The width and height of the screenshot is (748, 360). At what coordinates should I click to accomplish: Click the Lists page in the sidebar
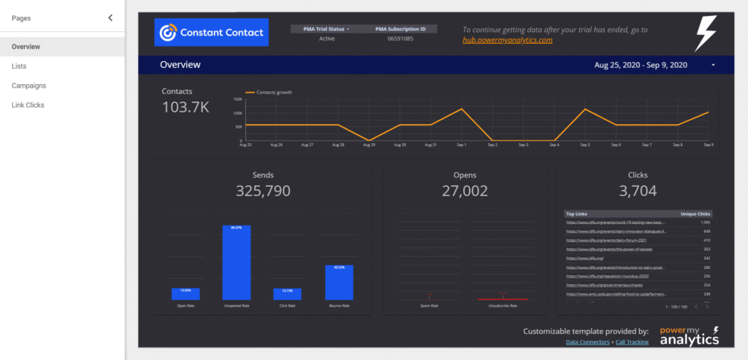pos(19,66)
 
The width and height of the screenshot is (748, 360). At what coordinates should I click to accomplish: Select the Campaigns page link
pos(28,85)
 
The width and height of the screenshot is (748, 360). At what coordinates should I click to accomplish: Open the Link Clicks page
pos(28,105)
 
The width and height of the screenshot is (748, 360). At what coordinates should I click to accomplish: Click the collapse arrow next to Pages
pos(110,18)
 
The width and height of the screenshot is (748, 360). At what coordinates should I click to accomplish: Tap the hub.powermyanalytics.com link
pos(507,40)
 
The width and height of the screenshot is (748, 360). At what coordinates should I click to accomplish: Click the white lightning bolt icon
pos(705,33)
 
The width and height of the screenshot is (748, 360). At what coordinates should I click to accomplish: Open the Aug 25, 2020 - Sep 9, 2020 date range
pos(641,65)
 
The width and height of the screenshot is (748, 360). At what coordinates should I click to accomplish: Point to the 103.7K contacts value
pos(186,107)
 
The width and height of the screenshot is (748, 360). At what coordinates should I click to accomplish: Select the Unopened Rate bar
pos(237,262)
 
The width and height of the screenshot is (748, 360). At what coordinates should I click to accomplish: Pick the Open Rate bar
pos(186,294)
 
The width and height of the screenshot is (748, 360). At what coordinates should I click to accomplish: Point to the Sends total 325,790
pos(263,191)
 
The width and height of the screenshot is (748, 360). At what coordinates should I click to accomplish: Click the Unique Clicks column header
pos(695,214)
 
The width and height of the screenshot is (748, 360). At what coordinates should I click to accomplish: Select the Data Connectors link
pos(589,342)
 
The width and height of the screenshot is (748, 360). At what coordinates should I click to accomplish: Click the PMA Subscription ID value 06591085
pos(400,39)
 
